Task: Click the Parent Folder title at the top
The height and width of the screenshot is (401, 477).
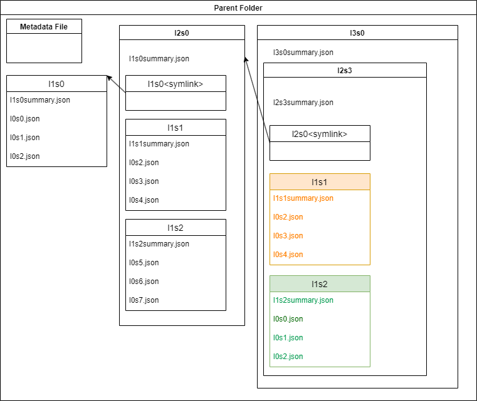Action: pos(238,8)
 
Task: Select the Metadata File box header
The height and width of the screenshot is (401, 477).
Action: pos(44,26)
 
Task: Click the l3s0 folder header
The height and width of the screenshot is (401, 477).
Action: pos(357,33)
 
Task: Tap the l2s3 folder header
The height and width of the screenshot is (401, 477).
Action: pos(345,70)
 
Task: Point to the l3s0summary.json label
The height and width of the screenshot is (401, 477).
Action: pos(303,53)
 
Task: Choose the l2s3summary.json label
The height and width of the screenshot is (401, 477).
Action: pos(303,103)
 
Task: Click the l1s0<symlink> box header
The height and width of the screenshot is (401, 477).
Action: pos(176,84)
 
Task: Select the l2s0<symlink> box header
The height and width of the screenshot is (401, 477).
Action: pos(320,134)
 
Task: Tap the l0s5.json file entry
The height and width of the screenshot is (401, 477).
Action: pos(144,263)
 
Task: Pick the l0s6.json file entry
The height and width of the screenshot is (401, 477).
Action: pos(144,282)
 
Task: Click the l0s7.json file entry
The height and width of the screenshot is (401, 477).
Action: pos(144,300)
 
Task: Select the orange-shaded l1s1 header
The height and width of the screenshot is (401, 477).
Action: pos(320,182)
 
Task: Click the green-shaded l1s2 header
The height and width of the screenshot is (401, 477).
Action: pos(320,284)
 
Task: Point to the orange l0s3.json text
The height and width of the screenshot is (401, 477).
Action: pos(288,236)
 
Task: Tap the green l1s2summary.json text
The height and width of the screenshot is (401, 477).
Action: pos(303,300)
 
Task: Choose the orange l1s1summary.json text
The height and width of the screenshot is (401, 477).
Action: pos(303,198)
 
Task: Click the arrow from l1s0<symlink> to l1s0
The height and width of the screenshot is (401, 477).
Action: pos(117,84)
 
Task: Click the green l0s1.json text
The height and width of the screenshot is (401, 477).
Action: pos(288,338)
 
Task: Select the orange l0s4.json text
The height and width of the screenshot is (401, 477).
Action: pos(288,255)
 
